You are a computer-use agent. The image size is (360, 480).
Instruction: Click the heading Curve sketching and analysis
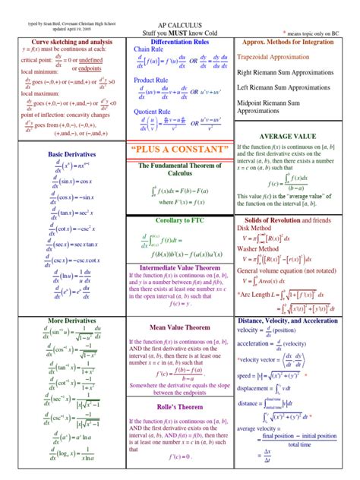62,42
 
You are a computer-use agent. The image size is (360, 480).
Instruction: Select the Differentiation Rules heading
179,42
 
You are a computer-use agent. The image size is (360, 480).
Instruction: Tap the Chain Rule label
149,49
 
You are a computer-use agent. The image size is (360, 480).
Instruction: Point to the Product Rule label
151,80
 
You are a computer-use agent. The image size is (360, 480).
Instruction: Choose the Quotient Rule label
153,111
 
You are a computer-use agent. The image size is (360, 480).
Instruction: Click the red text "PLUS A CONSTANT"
179,147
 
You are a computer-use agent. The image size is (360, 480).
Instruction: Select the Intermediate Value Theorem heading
179,267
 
